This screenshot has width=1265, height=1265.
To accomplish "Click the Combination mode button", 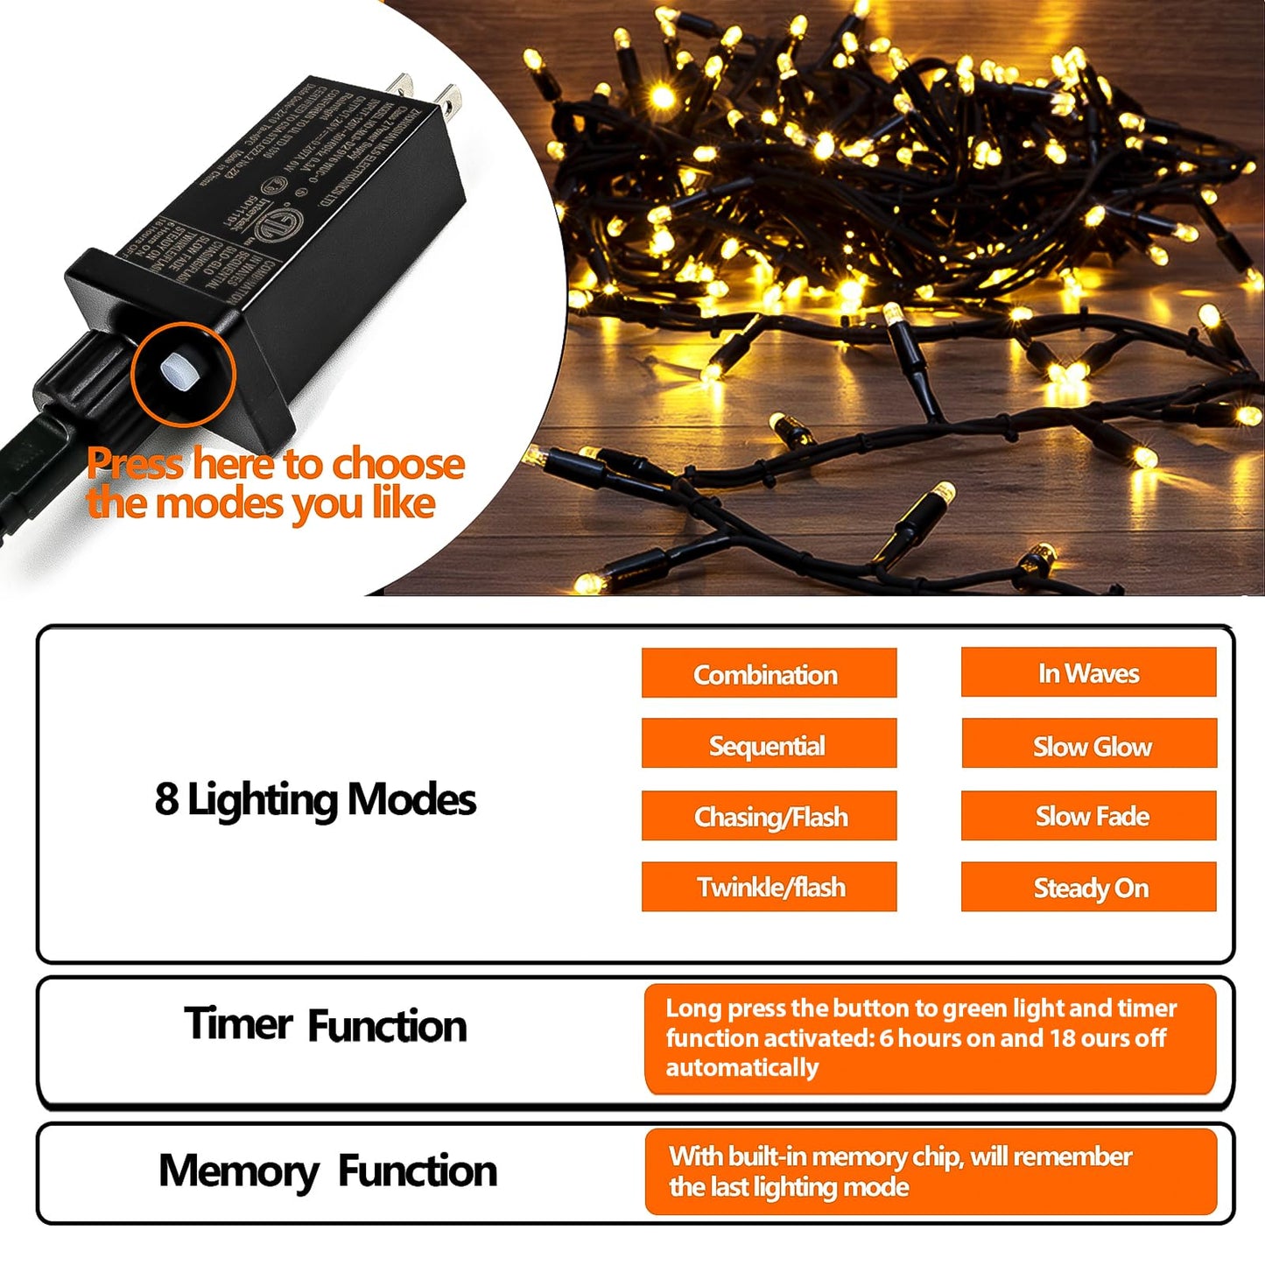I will click(x=769, y=673).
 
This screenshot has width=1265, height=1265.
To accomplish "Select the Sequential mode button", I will click(x=769, y=744).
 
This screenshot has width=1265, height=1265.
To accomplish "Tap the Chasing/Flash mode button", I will click(x=769, y=816).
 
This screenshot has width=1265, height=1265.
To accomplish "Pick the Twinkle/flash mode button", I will click(x=769, y=887).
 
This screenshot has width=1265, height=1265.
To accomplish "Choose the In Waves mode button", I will click(x=1088, y=672).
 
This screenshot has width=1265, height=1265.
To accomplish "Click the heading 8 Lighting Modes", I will click(x=315, y=800).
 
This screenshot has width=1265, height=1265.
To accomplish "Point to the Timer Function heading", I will click(x=326, y=1025).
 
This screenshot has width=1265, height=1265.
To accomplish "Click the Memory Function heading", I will click(x=327, y=1170).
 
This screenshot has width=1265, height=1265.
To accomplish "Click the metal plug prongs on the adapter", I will click(x=427, y=95).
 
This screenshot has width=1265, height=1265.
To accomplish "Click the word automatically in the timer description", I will click(x=741, y=1067).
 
